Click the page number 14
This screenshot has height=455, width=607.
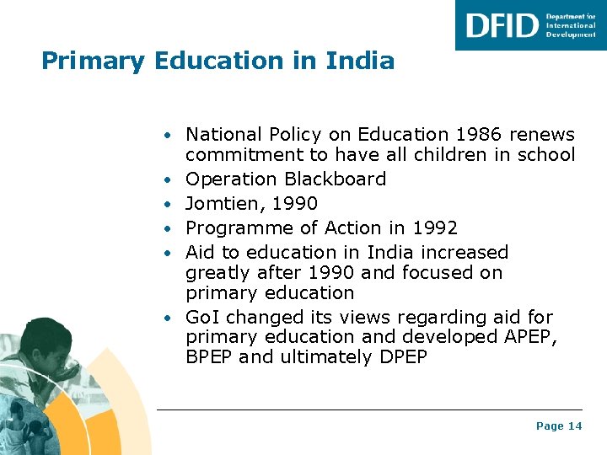[x=575, y=426]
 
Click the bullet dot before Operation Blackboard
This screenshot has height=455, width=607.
[x=169, y=180]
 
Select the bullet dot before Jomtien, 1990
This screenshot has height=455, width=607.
[x=169, y=205]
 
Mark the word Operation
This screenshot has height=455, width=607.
[x=232, y=179]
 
